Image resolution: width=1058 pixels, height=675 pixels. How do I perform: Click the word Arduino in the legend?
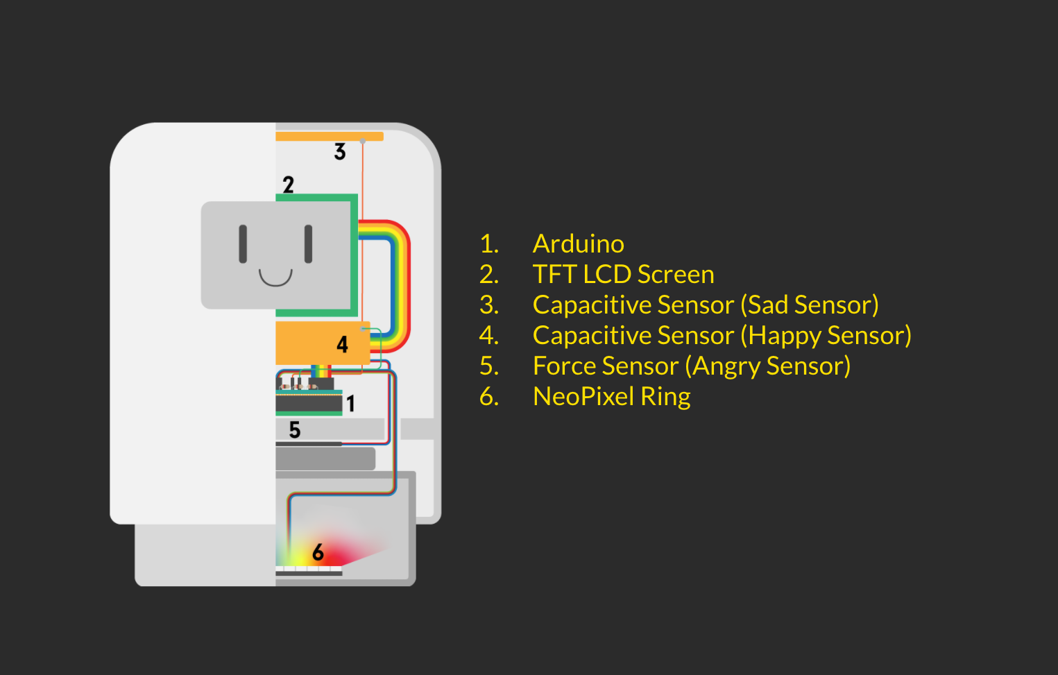click(x=578, y=243)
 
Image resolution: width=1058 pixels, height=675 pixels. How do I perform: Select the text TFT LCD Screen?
click(x=624, y=275)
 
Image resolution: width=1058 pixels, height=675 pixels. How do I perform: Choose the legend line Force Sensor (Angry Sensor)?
click(x=692, y=366)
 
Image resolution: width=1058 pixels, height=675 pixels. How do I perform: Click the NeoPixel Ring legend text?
click(x=612, y=396)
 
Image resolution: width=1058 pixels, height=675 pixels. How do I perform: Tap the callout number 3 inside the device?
click(x=340, y=152)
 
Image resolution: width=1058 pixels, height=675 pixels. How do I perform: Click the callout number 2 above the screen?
click(x=289, y=185)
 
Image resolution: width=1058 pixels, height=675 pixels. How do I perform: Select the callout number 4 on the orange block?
click(x=343, y=344)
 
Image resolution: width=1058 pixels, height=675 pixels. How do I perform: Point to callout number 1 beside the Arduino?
click(x=350, y=403)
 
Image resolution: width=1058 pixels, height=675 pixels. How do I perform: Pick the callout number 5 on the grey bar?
click(x=295, y=430)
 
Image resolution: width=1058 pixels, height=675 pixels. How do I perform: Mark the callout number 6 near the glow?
click(x=318, y=552)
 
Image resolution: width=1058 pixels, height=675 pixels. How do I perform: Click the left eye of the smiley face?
click(x=243, y=243)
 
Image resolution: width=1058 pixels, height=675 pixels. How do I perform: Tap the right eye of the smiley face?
click(x=309, y=243)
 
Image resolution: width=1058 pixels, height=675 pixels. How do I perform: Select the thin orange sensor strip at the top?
click(x=330, y=137)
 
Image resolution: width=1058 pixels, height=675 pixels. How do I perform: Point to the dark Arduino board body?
click(x=309, y=403)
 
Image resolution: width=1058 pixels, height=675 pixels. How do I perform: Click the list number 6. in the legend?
click(x=489, y=396)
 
